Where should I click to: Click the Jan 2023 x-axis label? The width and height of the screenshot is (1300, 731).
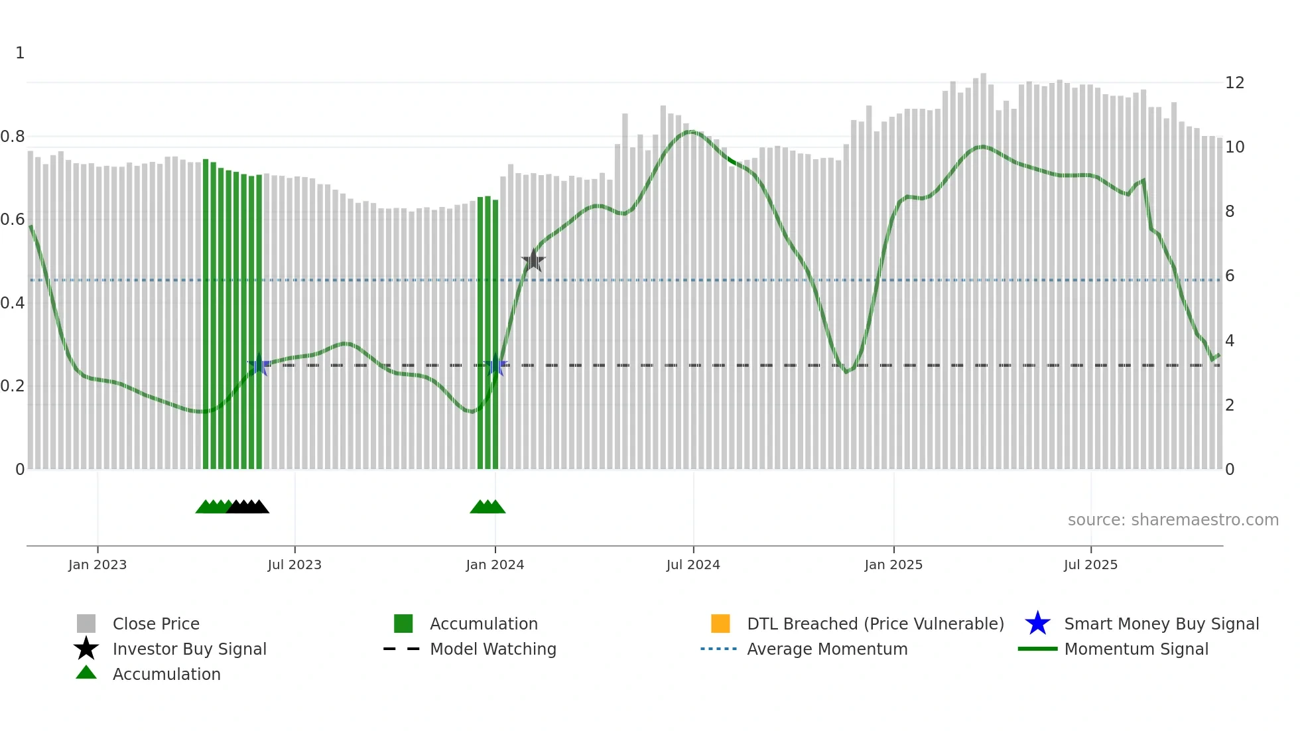click(97, 565)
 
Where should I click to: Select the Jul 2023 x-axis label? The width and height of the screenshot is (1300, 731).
click(294, 565)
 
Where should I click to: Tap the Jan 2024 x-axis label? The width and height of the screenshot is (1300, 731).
click(495, 565)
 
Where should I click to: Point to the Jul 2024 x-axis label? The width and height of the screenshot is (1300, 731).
click(693, 565)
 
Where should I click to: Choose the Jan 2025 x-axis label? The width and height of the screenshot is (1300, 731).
click(893, 565)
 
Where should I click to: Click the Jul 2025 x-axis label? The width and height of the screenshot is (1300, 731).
click(1090, 565)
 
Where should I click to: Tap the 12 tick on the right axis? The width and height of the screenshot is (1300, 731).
click(1234, 83)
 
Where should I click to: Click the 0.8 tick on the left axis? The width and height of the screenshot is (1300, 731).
click(13, 137)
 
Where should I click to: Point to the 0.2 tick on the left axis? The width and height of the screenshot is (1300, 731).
click(13, 386)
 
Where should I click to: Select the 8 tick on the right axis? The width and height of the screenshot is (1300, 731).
click(1230, 212)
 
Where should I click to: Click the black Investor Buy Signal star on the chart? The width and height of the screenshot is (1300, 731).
click(533, 261)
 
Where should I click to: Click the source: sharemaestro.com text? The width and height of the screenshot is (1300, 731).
click(1173, 520)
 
